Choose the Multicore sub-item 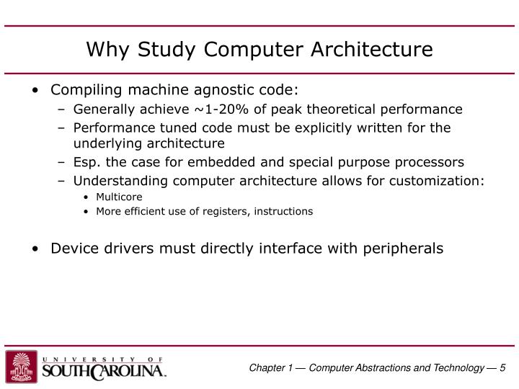pyautogui.click(x=119, y=197)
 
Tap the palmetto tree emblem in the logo pyautogui.click(x=22, y=367)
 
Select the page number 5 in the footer pyautogui.click(x=502, y=368)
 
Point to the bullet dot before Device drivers pyautogui.click(x=36, y=249)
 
